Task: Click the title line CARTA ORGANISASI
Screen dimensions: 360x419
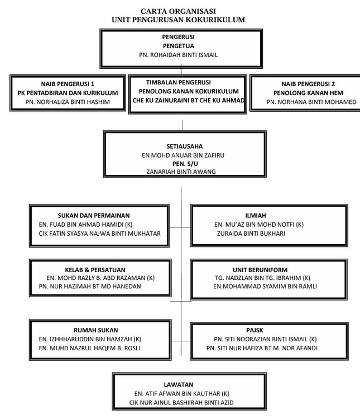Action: (x=178, y=11)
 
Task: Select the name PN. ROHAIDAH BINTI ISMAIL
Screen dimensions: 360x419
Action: (x=178, y=55)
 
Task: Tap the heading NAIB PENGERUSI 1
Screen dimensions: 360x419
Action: (x=68, y=84)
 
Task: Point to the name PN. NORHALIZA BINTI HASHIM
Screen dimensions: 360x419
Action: (x=68, y=102)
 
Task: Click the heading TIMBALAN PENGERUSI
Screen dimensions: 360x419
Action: (x=179, y=82)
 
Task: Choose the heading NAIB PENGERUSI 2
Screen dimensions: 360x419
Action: (x=308, y=84)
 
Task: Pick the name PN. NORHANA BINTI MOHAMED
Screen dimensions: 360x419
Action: (x=311, y=102)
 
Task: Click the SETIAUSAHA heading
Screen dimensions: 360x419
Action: (x=185, y=146)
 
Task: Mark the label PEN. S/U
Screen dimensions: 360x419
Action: (x=185, y=164)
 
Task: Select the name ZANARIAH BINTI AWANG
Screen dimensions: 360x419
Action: (x=181, y=172)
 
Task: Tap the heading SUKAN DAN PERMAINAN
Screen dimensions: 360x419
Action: (x=94, y=216)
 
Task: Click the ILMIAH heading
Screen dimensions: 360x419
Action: (x=256, y=216)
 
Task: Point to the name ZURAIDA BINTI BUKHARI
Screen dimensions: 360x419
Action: (x=251, y=234)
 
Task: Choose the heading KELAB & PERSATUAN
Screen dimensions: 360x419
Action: (x=95, y=270)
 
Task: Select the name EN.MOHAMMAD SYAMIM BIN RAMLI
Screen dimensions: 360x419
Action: (x=265, y=287)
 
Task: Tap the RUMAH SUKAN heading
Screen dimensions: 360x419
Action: (x=96, y=330)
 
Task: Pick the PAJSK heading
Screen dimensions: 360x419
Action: (x=255, y=330)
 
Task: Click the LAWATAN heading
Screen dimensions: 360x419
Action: (x=179, y=385)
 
